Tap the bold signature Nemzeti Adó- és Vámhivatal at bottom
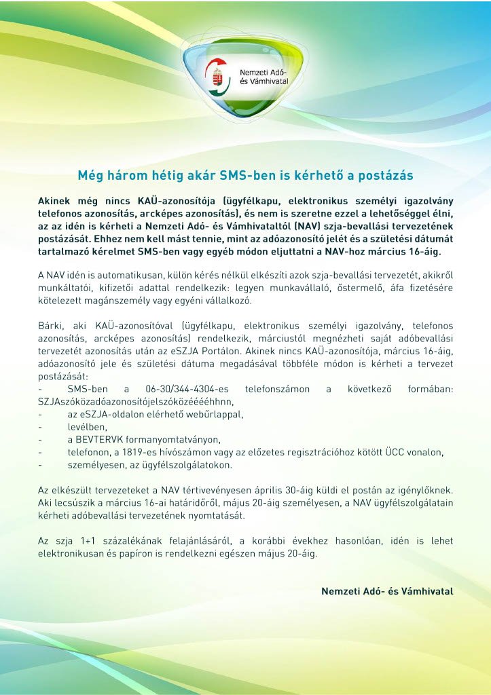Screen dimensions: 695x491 click(x=386, y=591)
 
